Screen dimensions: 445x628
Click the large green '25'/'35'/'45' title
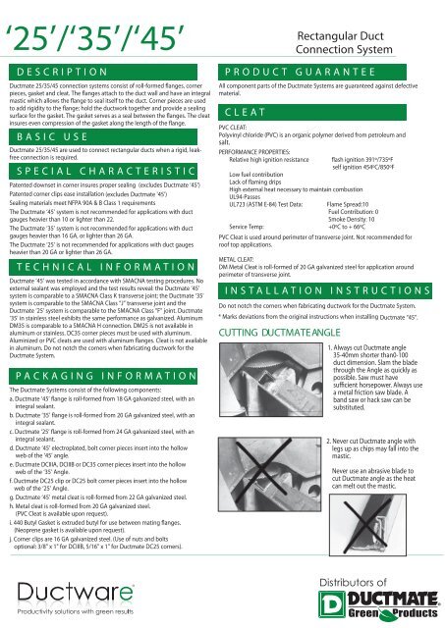coord(94,39)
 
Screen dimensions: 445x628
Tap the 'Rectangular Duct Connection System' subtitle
coord(344,42)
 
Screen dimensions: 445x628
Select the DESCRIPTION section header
coord(103,72)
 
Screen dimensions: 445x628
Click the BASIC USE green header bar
coord(103,137)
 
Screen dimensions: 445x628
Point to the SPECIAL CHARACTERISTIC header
coord(103,172)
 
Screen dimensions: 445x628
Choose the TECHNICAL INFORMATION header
coord(103,267)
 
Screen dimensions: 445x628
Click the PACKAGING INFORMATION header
coord(103,376)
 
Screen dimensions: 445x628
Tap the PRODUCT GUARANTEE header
coord(312,72)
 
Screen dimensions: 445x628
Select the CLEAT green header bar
coord(312,113)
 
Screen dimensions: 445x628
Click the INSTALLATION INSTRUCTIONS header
coord(325,290)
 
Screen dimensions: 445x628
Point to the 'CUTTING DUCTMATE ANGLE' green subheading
coord(279,333)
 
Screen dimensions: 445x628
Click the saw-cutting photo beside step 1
coord(271,380)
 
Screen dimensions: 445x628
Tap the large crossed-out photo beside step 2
coord(269,474)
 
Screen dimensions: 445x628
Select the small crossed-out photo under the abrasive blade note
coord(367,525)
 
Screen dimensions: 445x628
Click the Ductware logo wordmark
coord(76,592)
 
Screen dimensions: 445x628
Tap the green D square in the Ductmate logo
coord(332,604)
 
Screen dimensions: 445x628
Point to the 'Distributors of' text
coord(353,582)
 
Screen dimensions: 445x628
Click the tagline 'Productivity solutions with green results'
coord(76,611)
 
